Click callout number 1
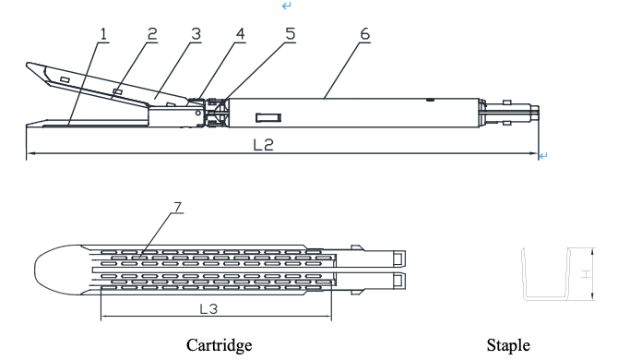coord(103,34)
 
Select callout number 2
coord(152,34)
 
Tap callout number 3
coord(196,34)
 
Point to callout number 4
coord(241,34)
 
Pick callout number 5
coord(291,34)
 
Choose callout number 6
coord(365,34)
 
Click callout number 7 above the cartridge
coord(178,207)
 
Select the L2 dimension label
coord(263,145)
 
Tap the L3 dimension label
coord(208,308)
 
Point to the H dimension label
coord(586,273)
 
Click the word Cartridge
coord(220,345)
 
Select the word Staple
coord(508,345)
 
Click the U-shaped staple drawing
coord(546,298)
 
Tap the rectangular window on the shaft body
coord(268,117)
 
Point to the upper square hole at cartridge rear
coord(398,258)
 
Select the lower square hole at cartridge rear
coord(398,281)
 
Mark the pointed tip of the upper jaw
coord(27,64)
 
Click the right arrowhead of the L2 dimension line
coord(535,153)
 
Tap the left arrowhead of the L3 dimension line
coord(104,316)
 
